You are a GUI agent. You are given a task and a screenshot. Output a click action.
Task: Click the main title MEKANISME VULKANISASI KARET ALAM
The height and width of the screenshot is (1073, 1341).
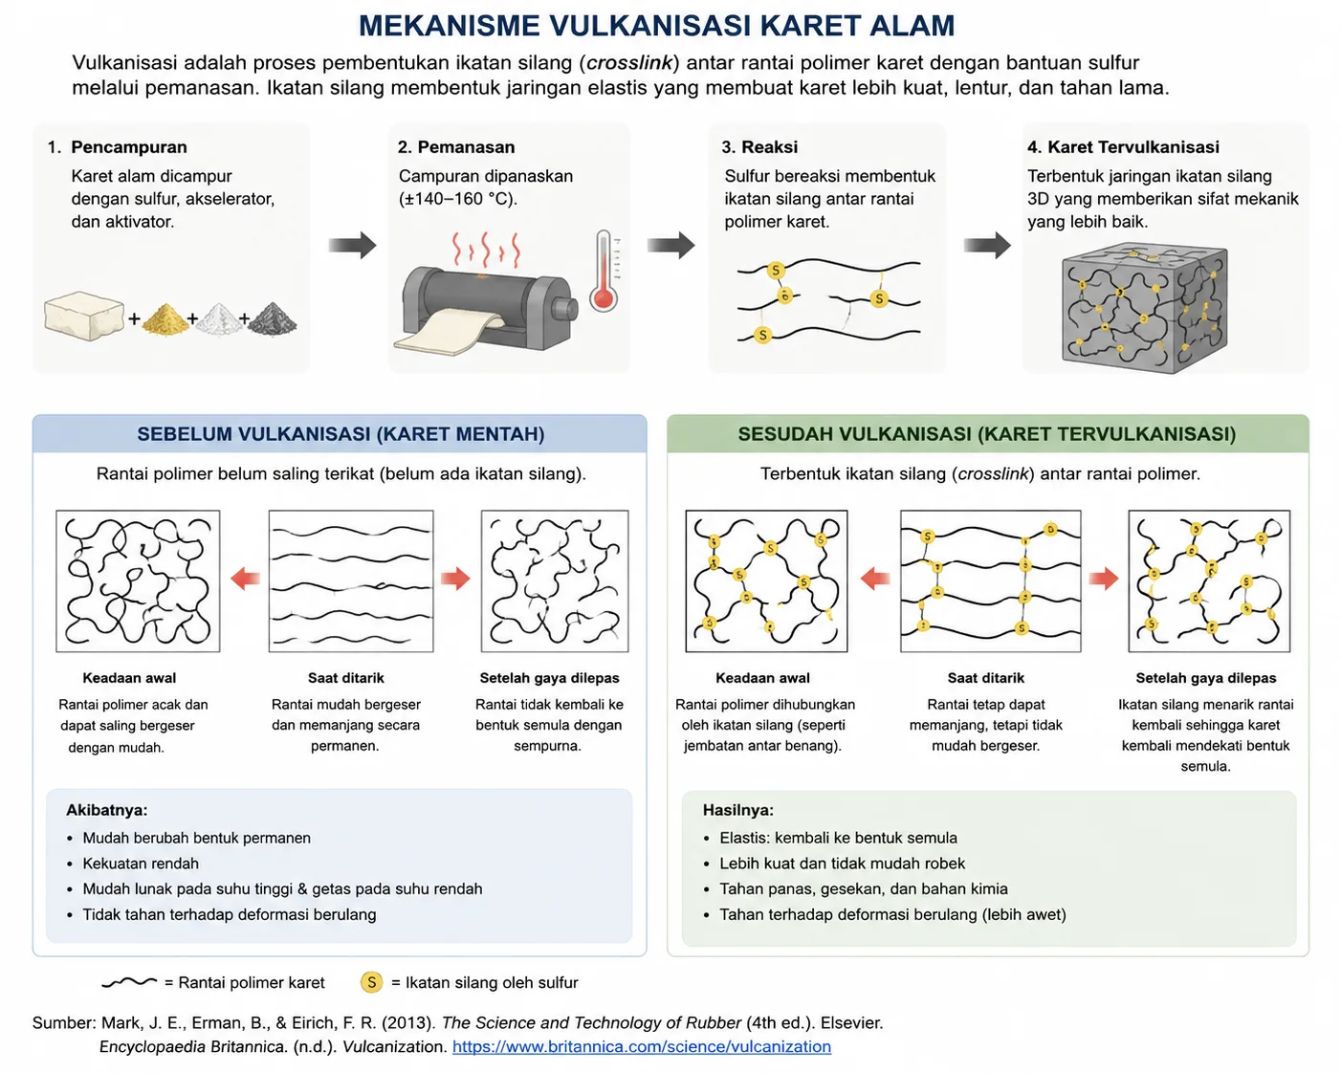656,26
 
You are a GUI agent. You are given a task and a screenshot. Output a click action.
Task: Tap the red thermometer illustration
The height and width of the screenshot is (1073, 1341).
604,271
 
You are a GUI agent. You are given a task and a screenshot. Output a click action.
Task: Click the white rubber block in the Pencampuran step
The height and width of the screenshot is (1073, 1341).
84,316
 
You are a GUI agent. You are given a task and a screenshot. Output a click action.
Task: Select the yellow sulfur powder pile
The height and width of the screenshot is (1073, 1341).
165,318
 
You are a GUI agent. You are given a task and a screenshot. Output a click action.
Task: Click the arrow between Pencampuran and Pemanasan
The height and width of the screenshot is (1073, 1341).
352,245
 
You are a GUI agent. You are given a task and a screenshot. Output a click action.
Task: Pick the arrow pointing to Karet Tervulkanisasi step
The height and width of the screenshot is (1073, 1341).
987,245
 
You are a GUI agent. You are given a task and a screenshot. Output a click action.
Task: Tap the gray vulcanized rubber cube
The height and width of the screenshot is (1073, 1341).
1145,308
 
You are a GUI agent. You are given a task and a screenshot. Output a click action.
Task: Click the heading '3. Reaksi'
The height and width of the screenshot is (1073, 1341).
759,147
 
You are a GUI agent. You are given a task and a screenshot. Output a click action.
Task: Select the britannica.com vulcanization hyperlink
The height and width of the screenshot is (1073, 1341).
641,1046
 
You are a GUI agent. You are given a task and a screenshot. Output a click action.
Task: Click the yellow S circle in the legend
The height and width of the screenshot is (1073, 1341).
371,983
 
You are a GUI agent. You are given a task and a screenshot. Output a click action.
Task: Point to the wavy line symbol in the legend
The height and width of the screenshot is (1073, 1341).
130,983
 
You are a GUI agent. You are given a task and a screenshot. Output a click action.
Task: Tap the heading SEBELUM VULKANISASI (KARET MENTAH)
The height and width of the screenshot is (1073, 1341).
341,434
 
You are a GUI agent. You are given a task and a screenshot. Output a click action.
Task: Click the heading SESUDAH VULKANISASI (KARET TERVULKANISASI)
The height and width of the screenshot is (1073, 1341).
987,434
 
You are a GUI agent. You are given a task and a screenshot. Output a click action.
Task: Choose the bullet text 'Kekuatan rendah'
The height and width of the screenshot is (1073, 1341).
141,864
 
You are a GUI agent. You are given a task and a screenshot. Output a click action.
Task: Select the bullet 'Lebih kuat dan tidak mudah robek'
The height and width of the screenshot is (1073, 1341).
842,864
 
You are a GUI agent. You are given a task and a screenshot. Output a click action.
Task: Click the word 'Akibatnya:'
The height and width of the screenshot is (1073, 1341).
106,810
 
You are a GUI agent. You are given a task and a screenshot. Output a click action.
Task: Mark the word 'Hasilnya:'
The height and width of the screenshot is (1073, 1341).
737,810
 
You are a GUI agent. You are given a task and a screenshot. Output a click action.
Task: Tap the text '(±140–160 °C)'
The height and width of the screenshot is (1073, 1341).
458,199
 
